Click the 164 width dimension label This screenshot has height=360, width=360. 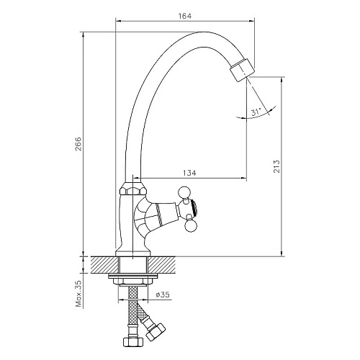pyautogui.click(x=185, y=16)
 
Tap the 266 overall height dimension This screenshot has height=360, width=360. pyautogui.click(x=78, y=144)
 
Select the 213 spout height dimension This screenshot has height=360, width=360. pyautogui.click(x=276, y=166)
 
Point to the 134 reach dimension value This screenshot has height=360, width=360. pyautogui.click(x=189, y=173)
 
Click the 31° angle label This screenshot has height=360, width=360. pyautogui.click(x=256, y=112)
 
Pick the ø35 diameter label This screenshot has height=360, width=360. pyautogui.click(x=162, y=294)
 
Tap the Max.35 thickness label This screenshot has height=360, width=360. pyautogui.click(x=78, y=294)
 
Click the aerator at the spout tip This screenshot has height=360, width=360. pyautogui.click(x=242, y=70)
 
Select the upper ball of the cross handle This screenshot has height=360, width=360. pyautogui.click(x=184, y=192)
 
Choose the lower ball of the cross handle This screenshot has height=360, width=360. pyautogui.click(x=191, y=225)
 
